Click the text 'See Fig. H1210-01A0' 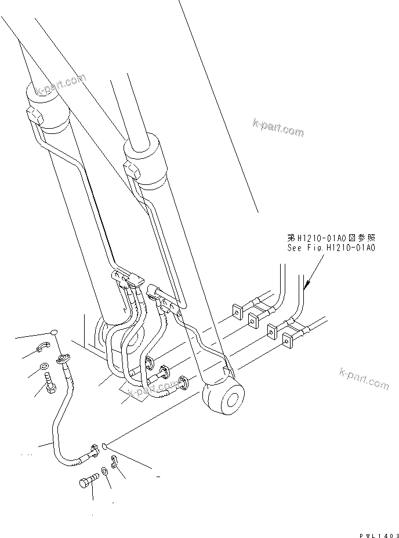click(332, 248)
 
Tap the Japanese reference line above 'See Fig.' click(332, 238)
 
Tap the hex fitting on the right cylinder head click(132, 170)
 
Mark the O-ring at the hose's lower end click(104, 446)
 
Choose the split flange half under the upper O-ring click(41, 348)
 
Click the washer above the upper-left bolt click(45, 366)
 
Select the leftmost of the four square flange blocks click(237, 311)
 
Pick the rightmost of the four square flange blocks click(287, 340)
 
